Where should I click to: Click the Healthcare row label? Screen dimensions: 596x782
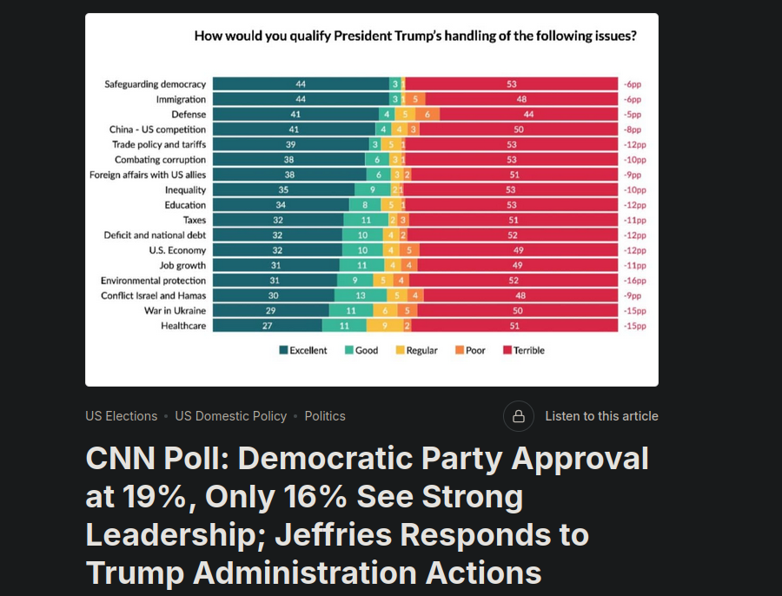click(183, 326)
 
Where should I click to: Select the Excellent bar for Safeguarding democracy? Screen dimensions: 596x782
click(301, 84)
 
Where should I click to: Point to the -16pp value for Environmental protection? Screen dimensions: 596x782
click(634, 281)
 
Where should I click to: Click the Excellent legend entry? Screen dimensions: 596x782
click(303, 350)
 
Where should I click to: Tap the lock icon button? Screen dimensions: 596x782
click(518, 416)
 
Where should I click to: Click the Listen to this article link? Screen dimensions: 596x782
click(601, 416)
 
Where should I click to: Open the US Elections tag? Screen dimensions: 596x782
click(122, 416)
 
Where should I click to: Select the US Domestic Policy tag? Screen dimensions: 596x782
click(231, 416)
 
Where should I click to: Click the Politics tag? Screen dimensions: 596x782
click(325, 416)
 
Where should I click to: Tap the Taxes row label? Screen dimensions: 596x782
click(195, 220)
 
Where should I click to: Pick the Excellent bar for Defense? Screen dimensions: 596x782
click(295, 115)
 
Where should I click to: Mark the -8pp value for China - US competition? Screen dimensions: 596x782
click(633, 129)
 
